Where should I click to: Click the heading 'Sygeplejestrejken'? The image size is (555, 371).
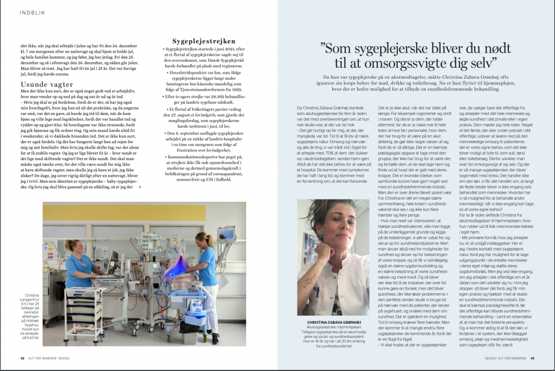tap(204, 41)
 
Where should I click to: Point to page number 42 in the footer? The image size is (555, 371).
tap(23, 357)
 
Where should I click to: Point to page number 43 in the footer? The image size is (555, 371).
tap(533, 357)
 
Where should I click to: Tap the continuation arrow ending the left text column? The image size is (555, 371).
tap(141, 187)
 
